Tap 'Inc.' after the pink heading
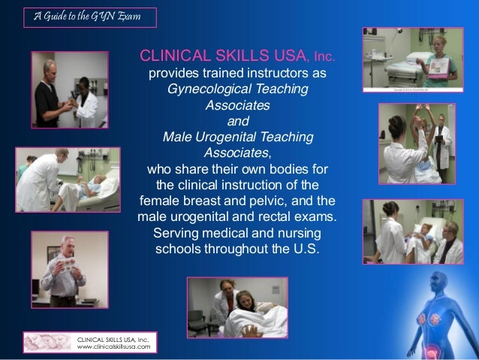point(320,58)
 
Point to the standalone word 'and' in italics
point(237,121)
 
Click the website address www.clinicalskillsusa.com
point(113,348)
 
